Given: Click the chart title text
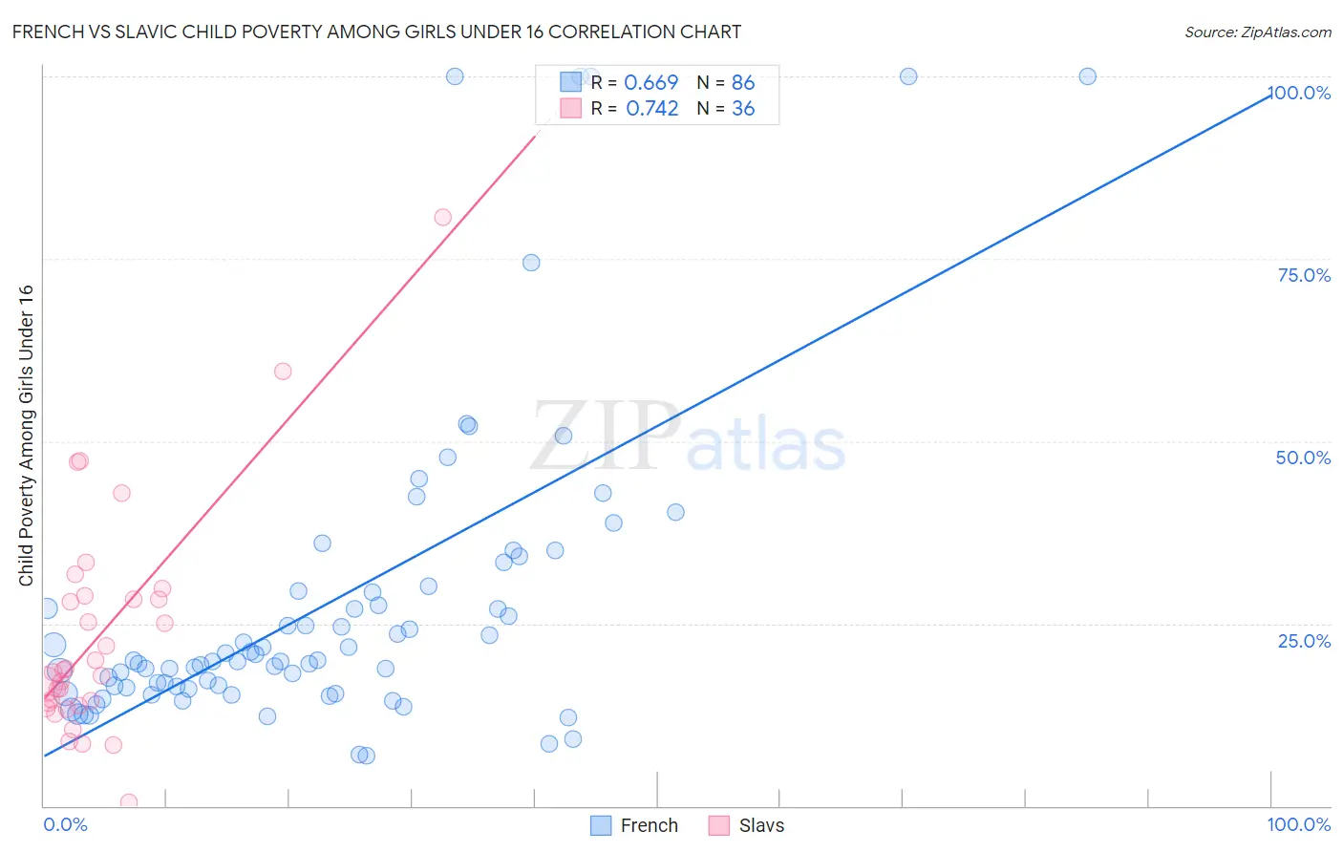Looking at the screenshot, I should click(x=376, y=32).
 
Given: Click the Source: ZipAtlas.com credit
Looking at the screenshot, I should click(x=1257, y=32).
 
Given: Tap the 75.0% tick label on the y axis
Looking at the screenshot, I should click(x=1303, y=275).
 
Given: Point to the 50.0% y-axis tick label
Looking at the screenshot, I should click(x=1303, y=458).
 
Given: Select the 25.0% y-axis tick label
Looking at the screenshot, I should click(x=1303, y=641).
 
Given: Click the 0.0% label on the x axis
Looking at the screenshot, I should click(x=65, y=824).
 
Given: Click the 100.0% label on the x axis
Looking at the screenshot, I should click(x=1298, y=824).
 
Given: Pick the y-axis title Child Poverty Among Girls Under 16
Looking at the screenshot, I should click(x=26, y=436).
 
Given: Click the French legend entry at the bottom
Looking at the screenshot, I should click(x=634, y=825).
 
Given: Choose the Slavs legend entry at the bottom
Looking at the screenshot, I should click(x=747, y=825).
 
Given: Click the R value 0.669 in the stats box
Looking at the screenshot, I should click(x=650, y=82).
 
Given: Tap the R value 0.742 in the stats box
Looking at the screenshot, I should click(x=651, y=108).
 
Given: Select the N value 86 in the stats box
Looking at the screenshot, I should click(x=742, y=82).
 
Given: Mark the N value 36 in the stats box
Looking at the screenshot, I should click(x=742, y=108).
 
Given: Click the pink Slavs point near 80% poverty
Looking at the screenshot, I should click(x=442, y=217).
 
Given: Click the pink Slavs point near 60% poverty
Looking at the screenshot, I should click(x=283, y=372).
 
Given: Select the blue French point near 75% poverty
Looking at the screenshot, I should click(x=531, y=263).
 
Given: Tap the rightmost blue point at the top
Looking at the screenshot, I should click(x=1087, y=76).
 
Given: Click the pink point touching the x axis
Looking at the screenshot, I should click(x=129, y=802).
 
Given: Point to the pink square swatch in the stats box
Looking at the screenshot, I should click(x=570, y=108).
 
